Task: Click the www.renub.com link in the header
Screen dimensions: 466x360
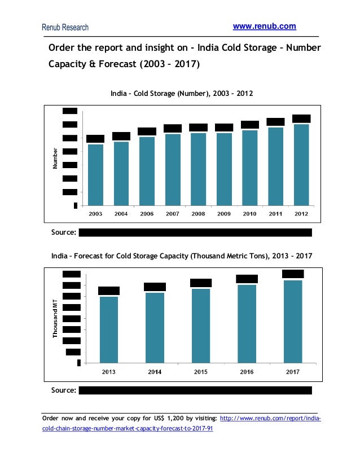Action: tap(264, 27)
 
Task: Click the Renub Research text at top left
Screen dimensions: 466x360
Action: tap(65, 27)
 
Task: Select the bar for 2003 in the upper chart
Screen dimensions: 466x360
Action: tap(95, 174)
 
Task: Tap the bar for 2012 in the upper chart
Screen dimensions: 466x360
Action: tap(301, 164)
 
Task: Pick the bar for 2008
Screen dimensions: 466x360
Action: tap(198, 169)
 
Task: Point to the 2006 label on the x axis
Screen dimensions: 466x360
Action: tap(147, 214)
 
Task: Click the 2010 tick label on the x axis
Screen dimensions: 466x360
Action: tap(249, 214)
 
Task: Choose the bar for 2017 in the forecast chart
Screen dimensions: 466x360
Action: tap(293, 321)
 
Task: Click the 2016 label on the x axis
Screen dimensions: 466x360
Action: tap(247, 372)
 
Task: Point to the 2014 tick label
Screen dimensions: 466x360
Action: tap(155, 372)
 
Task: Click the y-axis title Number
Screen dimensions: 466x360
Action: tap(55, 159)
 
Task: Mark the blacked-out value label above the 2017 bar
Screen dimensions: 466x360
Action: tap(293, 274)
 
